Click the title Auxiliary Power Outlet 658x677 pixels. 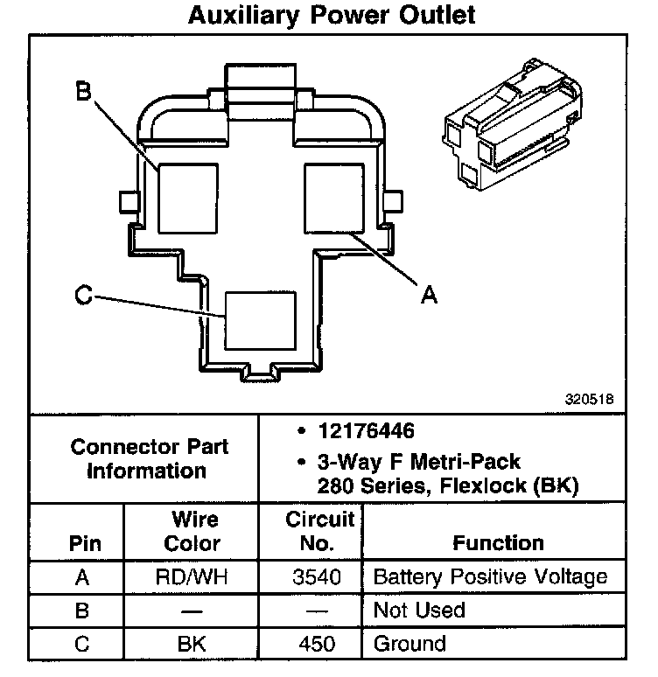click(332, 15)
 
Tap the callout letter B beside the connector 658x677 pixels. click(83, 91)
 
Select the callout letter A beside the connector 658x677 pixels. click(428, 296)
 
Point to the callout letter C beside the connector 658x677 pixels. click(83, 297)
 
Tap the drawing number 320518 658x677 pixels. click(590, 398)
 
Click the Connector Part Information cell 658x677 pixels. click(150, 458)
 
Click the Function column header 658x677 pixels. click(498, 542)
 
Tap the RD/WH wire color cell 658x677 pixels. click(192, 576)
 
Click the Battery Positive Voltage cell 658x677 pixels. click(489, 576)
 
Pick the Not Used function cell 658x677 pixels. click(419, 610)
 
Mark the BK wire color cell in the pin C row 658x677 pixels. click(192, 644)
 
